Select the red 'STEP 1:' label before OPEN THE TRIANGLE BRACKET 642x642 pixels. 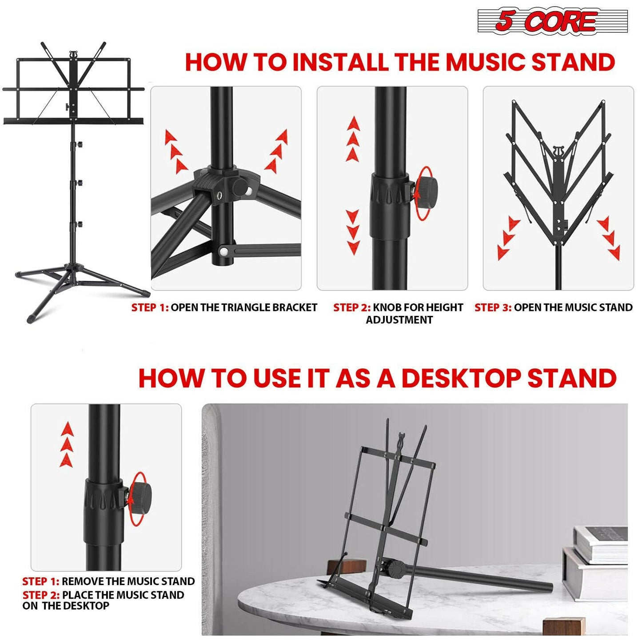[x=150, y=307]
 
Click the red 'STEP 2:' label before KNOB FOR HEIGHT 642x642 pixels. [x=352, y=307]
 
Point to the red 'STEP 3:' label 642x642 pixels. [x=493, y=307]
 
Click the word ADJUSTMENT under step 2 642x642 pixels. [x=399, y=320]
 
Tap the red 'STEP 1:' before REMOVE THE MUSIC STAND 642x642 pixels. [x=40, y=581]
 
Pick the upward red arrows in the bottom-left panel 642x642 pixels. [x=67, y=444]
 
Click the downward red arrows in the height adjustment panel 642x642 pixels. [x=353, y=232]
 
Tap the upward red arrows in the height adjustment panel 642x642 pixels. [x=353, y=139]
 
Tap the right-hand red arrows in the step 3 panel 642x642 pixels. [x=609, y=238]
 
